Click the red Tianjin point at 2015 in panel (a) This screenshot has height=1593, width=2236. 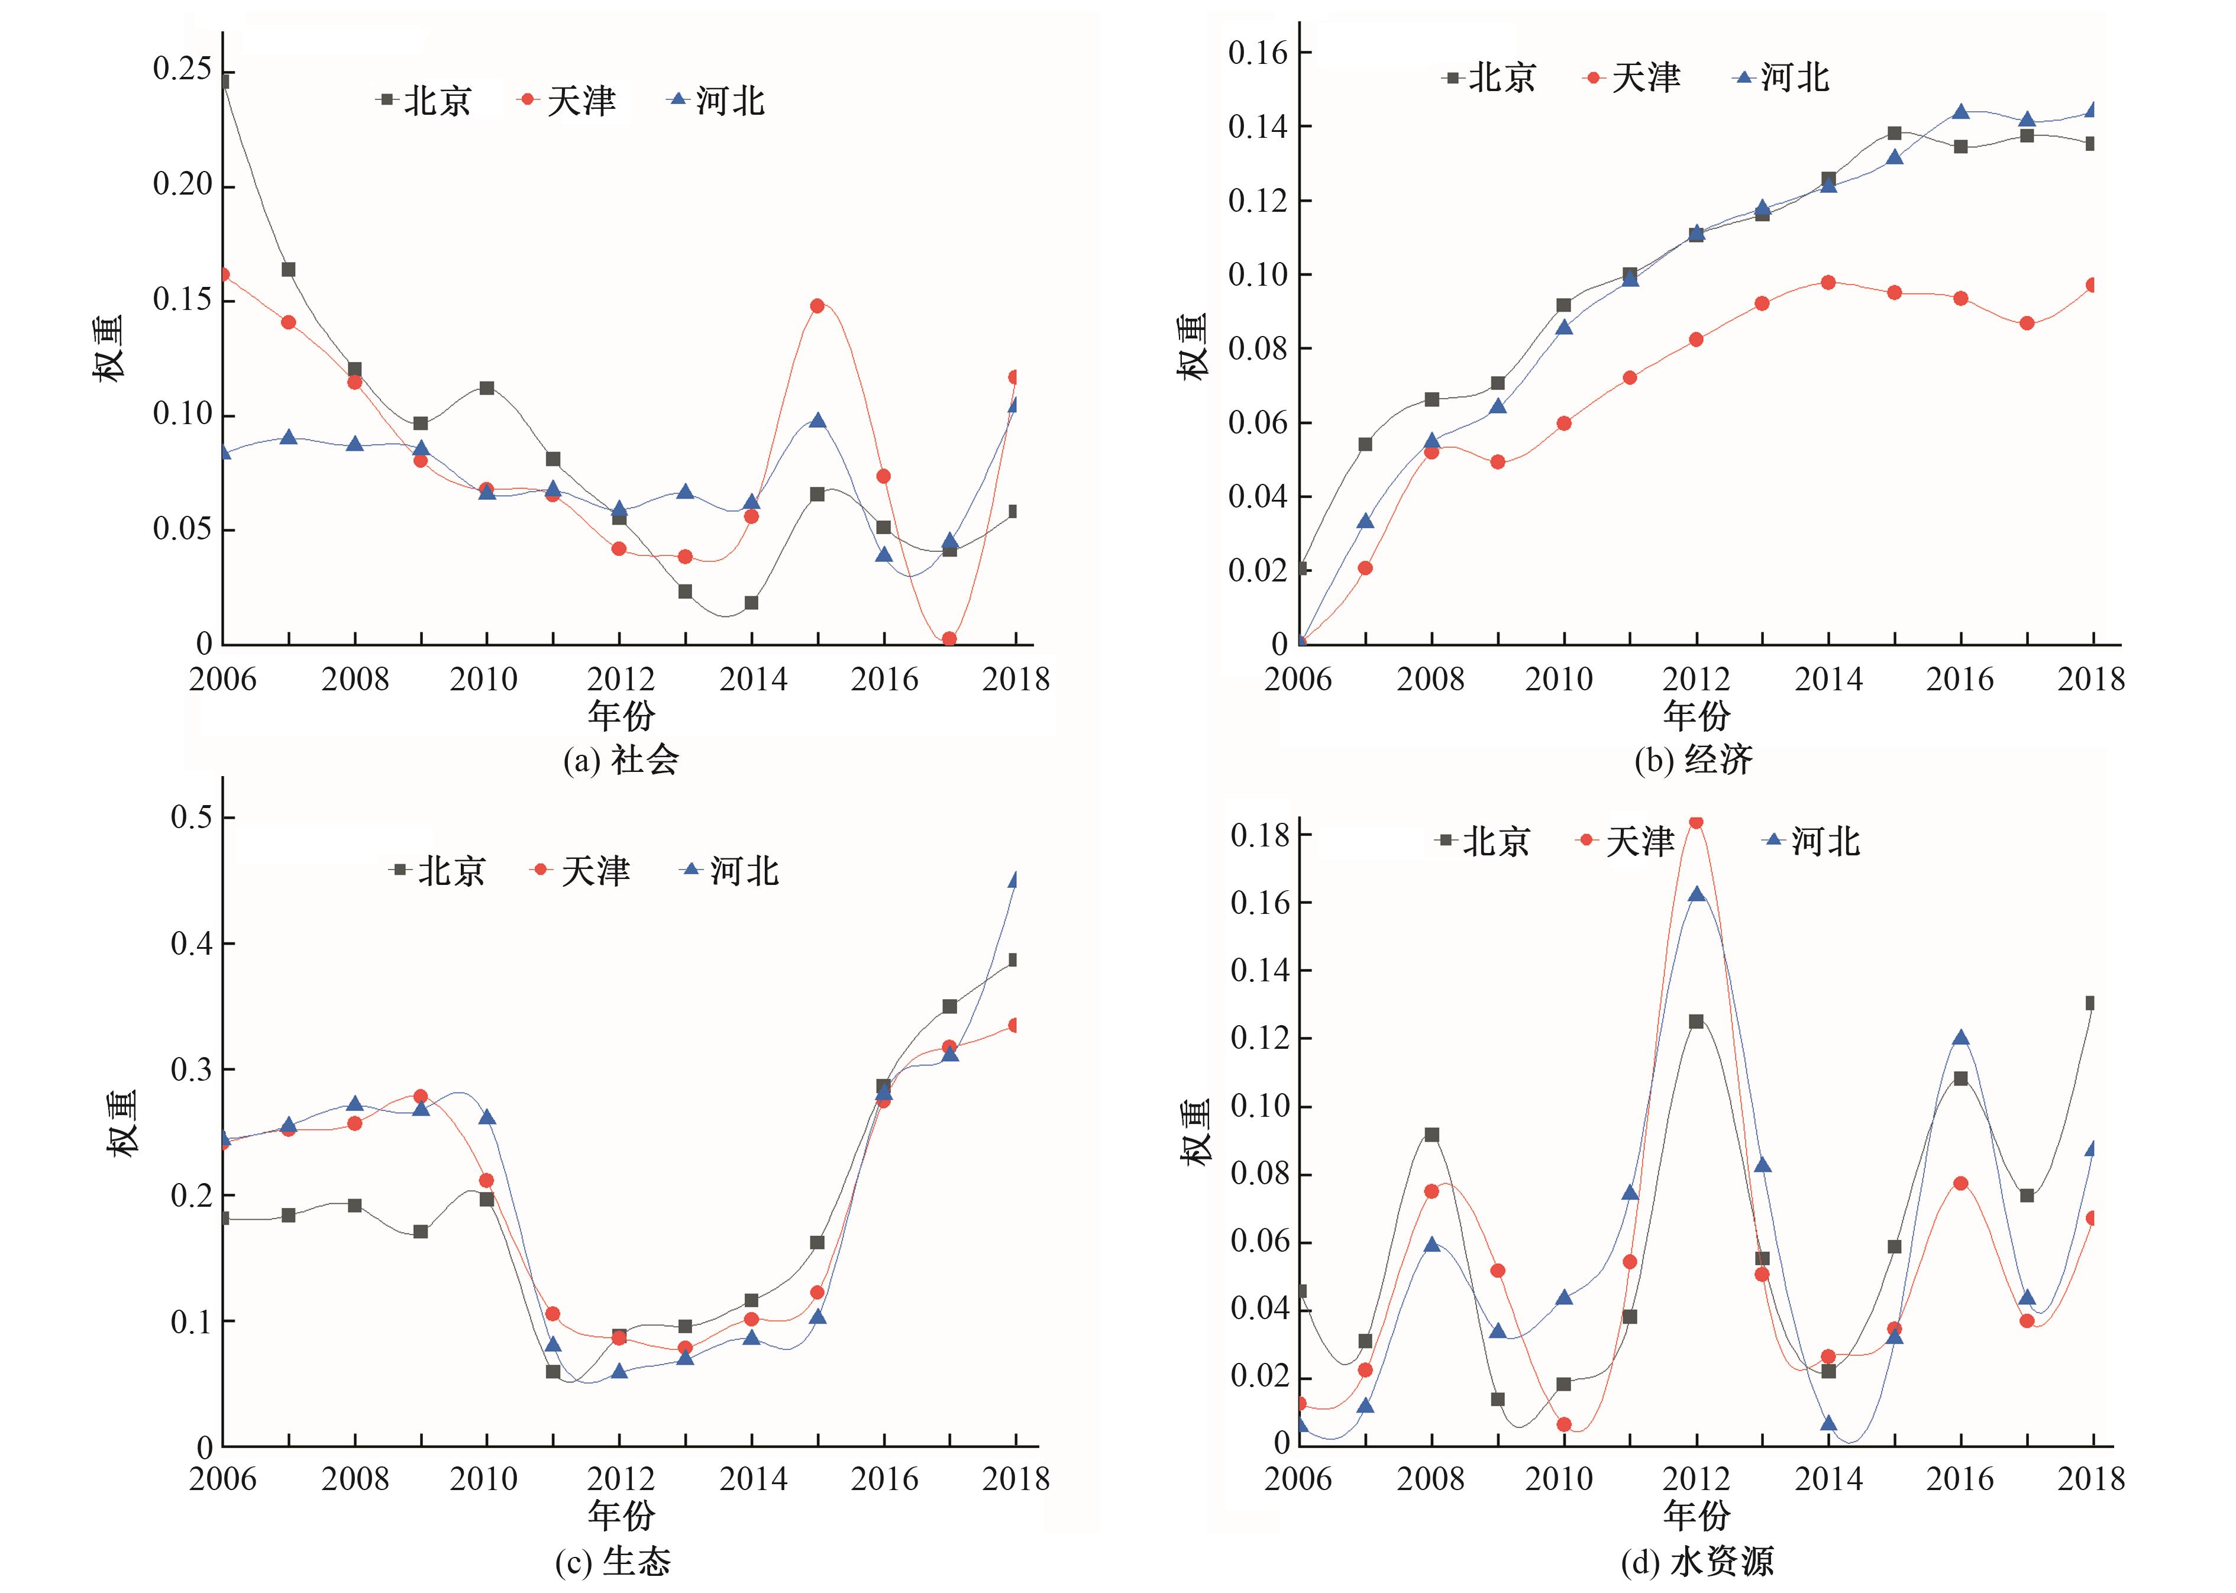[x=817, y=306]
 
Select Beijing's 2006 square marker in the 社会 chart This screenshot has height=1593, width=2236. [x=224, y=82]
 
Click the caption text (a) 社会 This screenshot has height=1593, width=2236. [x=621, y=759]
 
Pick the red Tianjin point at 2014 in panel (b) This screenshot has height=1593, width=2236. [x=1828, y=283]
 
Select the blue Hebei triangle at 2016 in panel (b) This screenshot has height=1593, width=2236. [x=1960, y=112]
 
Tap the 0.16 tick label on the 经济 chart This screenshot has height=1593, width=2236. [x=1257, y=53]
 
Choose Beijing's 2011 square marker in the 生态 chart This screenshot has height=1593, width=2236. [x=553, y=1371]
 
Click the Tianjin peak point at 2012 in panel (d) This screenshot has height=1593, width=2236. [x=1695, y=822]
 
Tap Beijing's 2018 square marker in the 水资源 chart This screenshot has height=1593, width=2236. [x=2091, y=1003]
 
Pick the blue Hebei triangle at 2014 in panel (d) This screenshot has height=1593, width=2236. [x=1828, y=1423]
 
